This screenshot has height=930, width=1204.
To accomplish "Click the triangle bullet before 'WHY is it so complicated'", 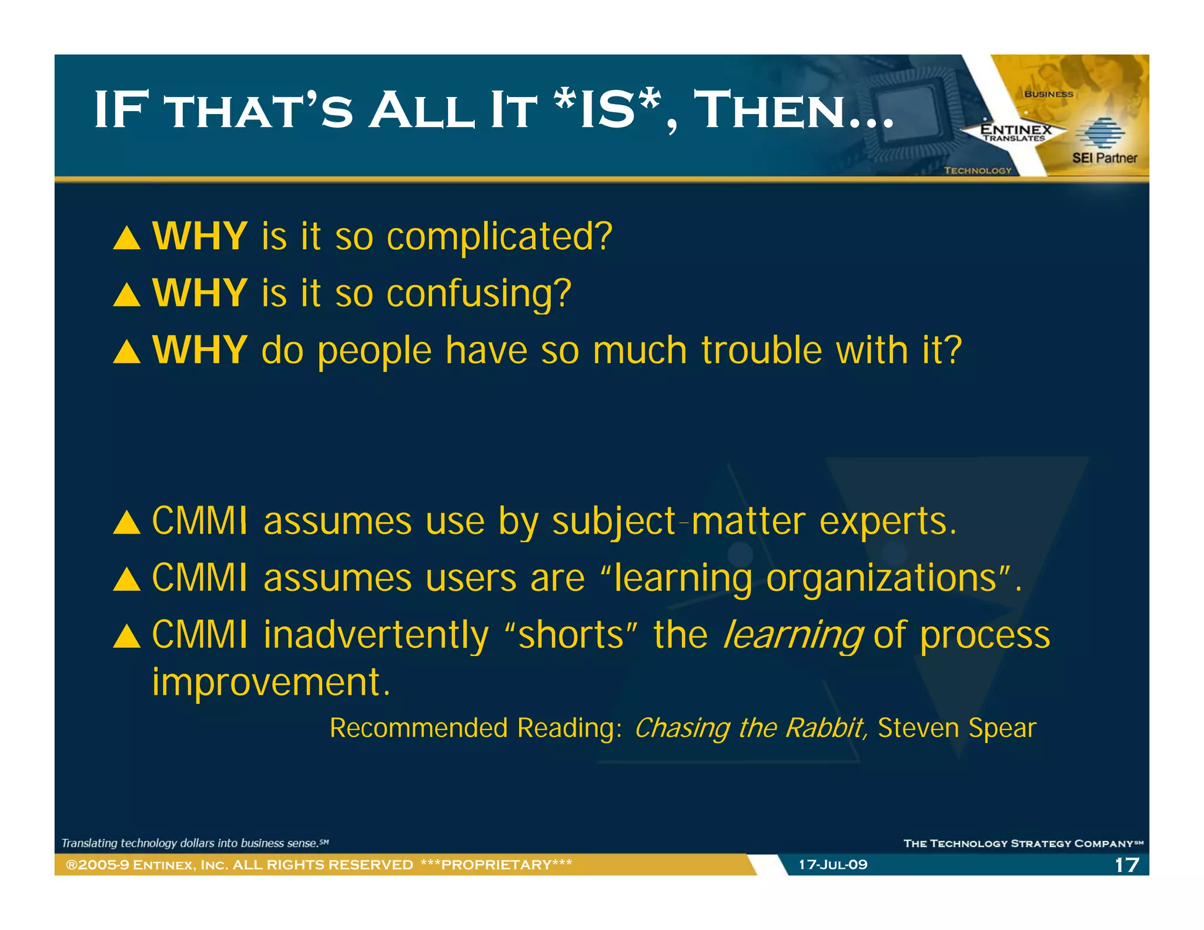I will point(126,239).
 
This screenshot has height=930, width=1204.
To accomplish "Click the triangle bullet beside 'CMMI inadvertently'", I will point(126,637).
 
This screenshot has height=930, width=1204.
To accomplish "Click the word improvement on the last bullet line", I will point(270,683).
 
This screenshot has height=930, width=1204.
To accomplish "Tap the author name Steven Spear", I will point(956,728).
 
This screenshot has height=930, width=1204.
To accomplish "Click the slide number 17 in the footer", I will point(1126,865).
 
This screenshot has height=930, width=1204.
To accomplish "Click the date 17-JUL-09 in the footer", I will point(832,865).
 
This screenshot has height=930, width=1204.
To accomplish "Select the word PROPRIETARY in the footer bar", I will point(497,865).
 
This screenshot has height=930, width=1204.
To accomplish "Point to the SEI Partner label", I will point(1104,158).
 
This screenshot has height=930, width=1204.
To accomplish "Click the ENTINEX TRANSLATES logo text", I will point(1015,132).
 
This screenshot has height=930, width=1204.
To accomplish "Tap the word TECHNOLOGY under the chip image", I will point(978,170).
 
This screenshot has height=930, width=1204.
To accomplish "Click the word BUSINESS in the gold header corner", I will point(1048,94).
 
